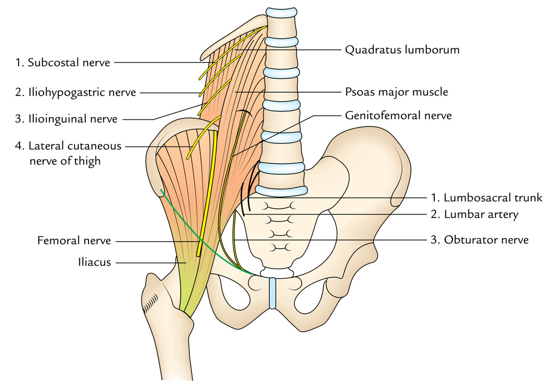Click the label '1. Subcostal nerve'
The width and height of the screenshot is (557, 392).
[x=62, y=62]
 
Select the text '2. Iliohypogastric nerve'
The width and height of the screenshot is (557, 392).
[x=75, y=92]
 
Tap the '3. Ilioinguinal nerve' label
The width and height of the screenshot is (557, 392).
[x=66, y=119]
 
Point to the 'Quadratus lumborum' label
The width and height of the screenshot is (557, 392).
[x=402, y=49]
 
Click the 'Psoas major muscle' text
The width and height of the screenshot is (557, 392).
[x=396, y=92]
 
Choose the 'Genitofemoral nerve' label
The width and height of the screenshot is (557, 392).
[x=398, y=116]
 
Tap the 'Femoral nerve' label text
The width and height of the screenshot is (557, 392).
[x=74, y=241]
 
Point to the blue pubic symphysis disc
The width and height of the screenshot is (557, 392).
[x=273, y=293]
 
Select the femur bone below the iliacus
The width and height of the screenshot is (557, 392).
[x=166, y=343]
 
